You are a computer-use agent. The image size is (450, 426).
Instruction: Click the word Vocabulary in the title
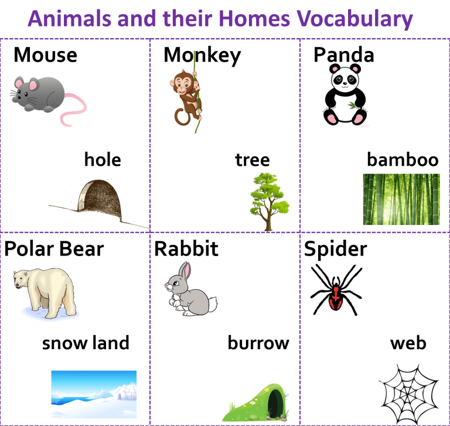tap(354, 19)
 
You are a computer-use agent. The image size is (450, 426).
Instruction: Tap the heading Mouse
tap(45, 54)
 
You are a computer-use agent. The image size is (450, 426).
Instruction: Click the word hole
tap(103, 159)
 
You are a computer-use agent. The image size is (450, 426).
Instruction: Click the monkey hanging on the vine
tap(186, 98)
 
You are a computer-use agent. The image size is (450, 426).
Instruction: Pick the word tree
tap(253, 160)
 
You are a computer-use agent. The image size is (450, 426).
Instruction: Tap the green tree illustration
tap(269, 202)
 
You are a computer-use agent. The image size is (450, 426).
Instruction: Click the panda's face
tap(345, 79)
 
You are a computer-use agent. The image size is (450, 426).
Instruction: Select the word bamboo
tap(403, 159)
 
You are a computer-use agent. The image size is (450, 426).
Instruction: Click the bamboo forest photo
tap(401, 199)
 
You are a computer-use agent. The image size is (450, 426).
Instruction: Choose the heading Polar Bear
tap(54, 248)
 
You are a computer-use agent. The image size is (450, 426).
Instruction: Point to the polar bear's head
tap(22, 278)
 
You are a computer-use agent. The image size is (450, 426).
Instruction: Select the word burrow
tap(258, 343)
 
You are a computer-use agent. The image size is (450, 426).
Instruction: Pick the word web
tap(408, 343)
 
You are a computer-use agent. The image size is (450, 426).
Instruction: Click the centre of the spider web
tap(408, 395)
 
